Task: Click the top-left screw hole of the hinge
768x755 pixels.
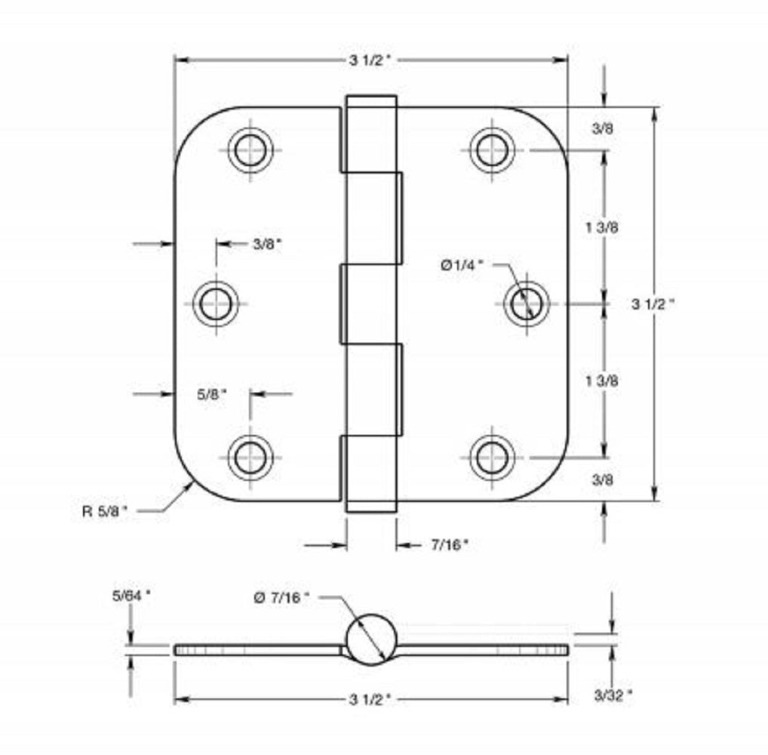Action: pos(250,149)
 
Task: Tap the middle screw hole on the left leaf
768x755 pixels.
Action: pos(216,304)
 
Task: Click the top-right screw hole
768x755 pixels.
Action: pos(492,149)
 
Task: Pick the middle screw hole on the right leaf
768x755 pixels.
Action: pos(527,304)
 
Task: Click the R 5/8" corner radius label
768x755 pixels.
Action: pos(105,510)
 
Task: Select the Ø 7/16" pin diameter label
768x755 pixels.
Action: pos(282,597)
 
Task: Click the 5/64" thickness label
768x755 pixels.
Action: pos(131,594)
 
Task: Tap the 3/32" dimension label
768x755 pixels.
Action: pos(613,695)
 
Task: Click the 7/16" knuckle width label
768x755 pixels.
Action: pos(449,543)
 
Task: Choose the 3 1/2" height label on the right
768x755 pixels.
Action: pos(653,304)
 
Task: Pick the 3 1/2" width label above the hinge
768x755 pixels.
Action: pos(370,61)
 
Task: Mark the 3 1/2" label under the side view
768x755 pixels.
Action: pos(370,700)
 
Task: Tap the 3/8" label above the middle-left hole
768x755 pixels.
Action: pos(267,243)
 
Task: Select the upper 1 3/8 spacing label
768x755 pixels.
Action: pos(603,226)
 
